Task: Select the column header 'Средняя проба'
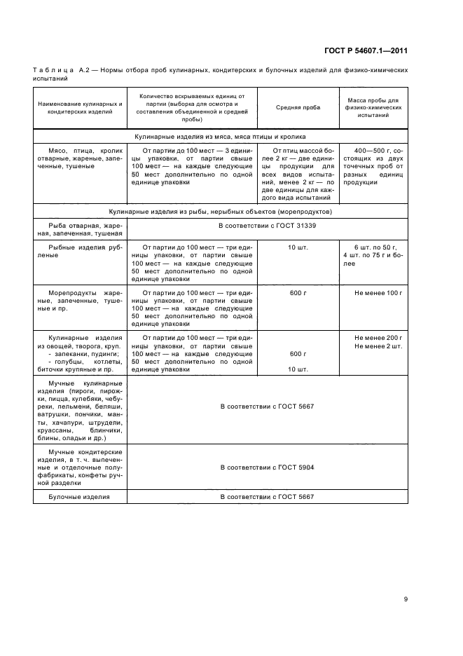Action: [x=298, y=109]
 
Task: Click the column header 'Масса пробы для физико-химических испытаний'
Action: [x=373, y=109]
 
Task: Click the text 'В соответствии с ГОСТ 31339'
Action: [x=267, y=226]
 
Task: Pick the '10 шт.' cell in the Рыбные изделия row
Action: [x=298, y=247]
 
